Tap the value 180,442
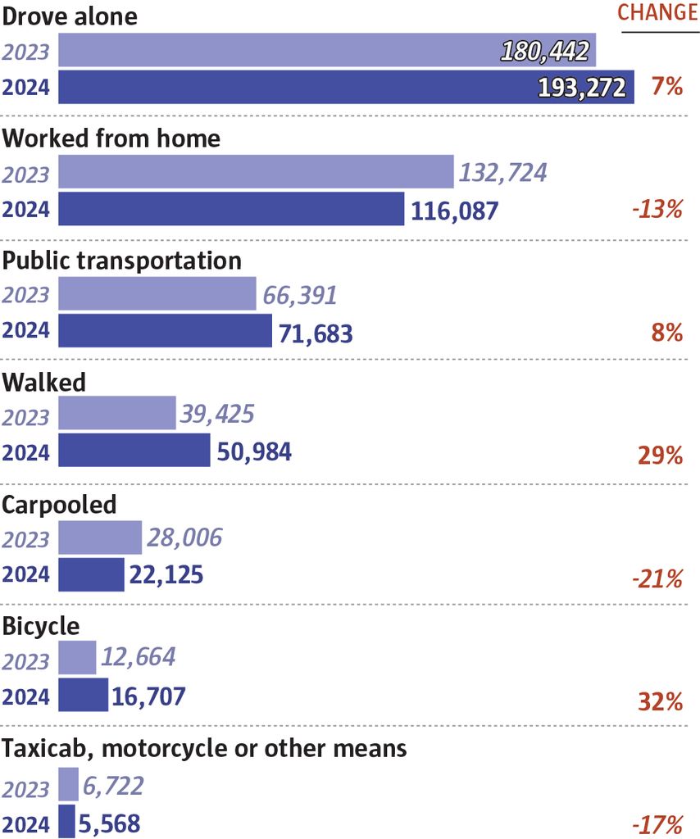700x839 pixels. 544,52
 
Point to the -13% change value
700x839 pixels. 657,210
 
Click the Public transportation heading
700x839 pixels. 122,261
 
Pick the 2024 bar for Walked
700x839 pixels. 134,451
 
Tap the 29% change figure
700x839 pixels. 661,456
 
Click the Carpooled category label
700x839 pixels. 59,505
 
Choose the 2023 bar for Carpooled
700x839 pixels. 100,537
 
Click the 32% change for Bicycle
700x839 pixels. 661,701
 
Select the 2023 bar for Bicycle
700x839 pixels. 77,658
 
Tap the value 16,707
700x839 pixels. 148,697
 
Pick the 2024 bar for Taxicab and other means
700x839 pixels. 66,822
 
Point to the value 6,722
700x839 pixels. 113,787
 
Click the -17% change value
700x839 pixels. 657,823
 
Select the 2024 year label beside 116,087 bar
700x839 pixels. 25,210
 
